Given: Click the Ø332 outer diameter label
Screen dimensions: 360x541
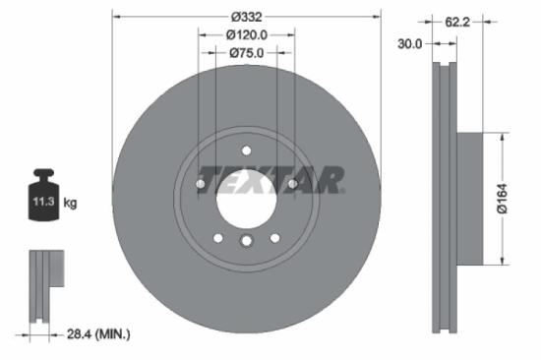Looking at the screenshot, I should [245, 17].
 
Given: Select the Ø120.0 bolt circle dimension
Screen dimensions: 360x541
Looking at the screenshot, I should [245, 34].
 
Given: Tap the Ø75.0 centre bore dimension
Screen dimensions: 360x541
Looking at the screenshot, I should [246, 54].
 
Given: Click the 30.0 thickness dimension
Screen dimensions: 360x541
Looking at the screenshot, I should [409, 43].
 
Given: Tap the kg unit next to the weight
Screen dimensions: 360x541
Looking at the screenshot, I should [70, 204].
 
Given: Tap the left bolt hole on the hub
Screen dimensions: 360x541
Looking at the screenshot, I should [200, 183].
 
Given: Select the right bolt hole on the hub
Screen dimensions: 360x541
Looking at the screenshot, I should [292, 183].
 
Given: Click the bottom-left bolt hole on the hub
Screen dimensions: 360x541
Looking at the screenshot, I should [217, 236].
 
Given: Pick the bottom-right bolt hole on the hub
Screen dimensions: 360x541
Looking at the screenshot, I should [273, 236].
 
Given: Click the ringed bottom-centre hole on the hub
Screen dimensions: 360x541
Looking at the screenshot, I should [246, 241].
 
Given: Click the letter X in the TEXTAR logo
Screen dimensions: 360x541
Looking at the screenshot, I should [266, 180].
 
